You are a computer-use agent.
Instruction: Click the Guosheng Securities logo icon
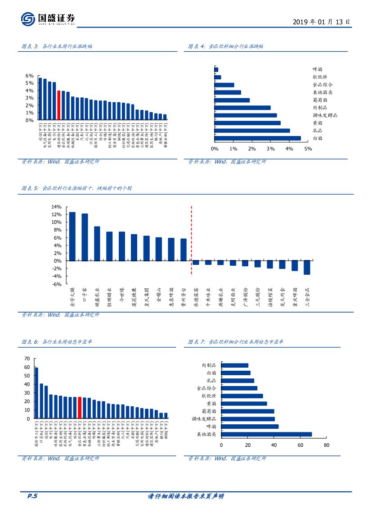pyautogui.click(x=28, y=19)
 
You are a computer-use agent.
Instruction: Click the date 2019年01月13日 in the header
pyautogui.click(x=321, y=22)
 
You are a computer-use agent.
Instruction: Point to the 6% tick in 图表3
pyautogui.click(x=29, y=76)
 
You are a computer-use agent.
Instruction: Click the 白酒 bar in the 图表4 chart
pyautogui.click(x=258, y=138)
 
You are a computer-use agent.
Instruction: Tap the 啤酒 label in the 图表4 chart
pyautogui.click(x=318, y=69)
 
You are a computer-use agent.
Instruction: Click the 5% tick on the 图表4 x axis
pyautogui.click(x=308, y=149)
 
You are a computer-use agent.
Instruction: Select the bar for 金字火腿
pyautogui.click(x=72, y=236)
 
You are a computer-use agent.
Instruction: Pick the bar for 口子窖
pyautogui.click(x=85, y=237)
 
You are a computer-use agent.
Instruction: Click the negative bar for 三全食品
pyautogui.click(x=307, y=268)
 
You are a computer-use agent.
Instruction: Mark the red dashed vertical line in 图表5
pyautogui.click(x=192, y=241)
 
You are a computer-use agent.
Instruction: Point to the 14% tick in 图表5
pyautogui.click(x=56, y=207)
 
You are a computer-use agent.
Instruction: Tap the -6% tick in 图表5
pyautogui.click(x=56, y=284)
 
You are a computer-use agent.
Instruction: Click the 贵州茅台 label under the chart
pyautogui.click(x=183, y=299)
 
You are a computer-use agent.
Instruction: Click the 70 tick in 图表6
pyautogui.click(x=27, y=359)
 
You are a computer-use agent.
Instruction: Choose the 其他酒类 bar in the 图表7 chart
pyautogui.click(x=266, y=435)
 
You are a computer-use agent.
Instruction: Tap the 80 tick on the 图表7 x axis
pyautogui.click(x=326, y=445)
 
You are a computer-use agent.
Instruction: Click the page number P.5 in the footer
pyautogui.click(x=32, y=496)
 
